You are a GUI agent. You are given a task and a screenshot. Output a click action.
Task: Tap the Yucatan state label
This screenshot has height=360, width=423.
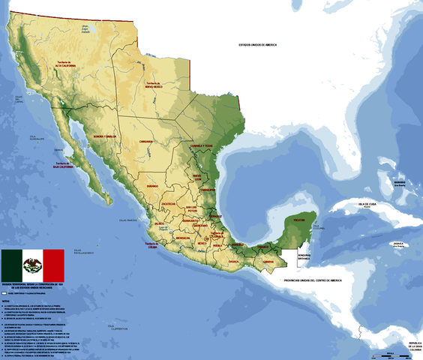298,220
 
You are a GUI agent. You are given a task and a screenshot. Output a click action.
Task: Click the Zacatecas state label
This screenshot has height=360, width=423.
168,203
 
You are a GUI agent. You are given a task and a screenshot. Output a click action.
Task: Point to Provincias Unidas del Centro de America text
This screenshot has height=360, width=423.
313,280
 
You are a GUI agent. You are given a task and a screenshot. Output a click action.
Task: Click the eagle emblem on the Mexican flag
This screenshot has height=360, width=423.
32,265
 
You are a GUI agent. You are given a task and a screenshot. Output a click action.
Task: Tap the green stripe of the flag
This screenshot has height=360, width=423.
11,265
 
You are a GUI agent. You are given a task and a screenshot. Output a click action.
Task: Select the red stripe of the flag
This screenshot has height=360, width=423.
53,265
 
